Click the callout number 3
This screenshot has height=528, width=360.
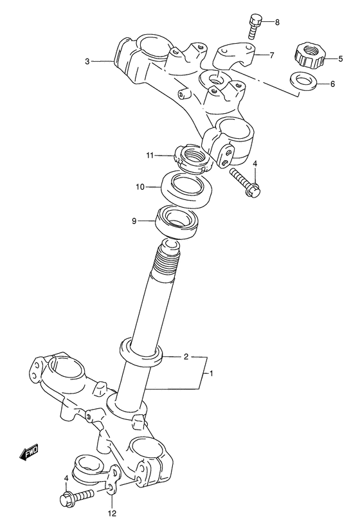(87, 62)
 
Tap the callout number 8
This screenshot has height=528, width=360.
(277, 23)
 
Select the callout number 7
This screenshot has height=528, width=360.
(271, 55)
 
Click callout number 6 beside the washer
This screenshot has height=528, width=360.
(332, 84)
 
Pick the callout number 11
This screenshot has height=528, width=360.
(148, 155)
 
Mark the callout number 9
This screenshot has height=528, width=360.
(134, 221)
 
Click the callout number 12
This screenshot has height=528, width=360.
(113, 513)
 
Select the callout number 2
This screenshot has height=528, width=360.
(186, 356)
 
